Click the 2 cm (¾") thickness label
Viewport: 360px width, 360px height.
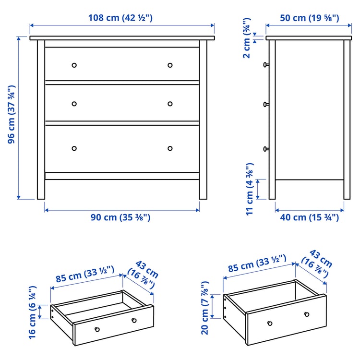point(247,38)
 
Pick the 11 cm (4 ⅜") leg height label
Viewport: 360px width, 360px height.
point(250,189)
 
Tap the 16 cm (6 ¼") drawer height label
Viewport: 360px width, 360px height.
point(32,312)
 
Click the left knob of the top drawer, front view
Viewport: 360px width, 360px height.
point(74,65)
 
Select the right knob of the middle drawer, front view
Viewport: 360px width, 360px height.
point(170,104)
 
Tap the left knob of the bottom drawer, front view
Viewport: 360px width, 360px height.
point(74,148)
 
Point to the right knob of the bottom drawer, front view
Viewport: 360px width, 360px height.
point(170,148)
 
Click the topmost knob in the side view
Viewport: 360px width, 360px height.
point(265,64)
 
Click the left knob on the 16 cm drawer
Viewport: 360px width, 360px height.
point(97,329)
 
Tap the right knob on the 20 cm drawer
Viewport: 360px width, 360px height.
point(306,314)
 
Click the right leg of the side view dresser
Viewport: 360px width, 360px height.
point(347,190)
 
